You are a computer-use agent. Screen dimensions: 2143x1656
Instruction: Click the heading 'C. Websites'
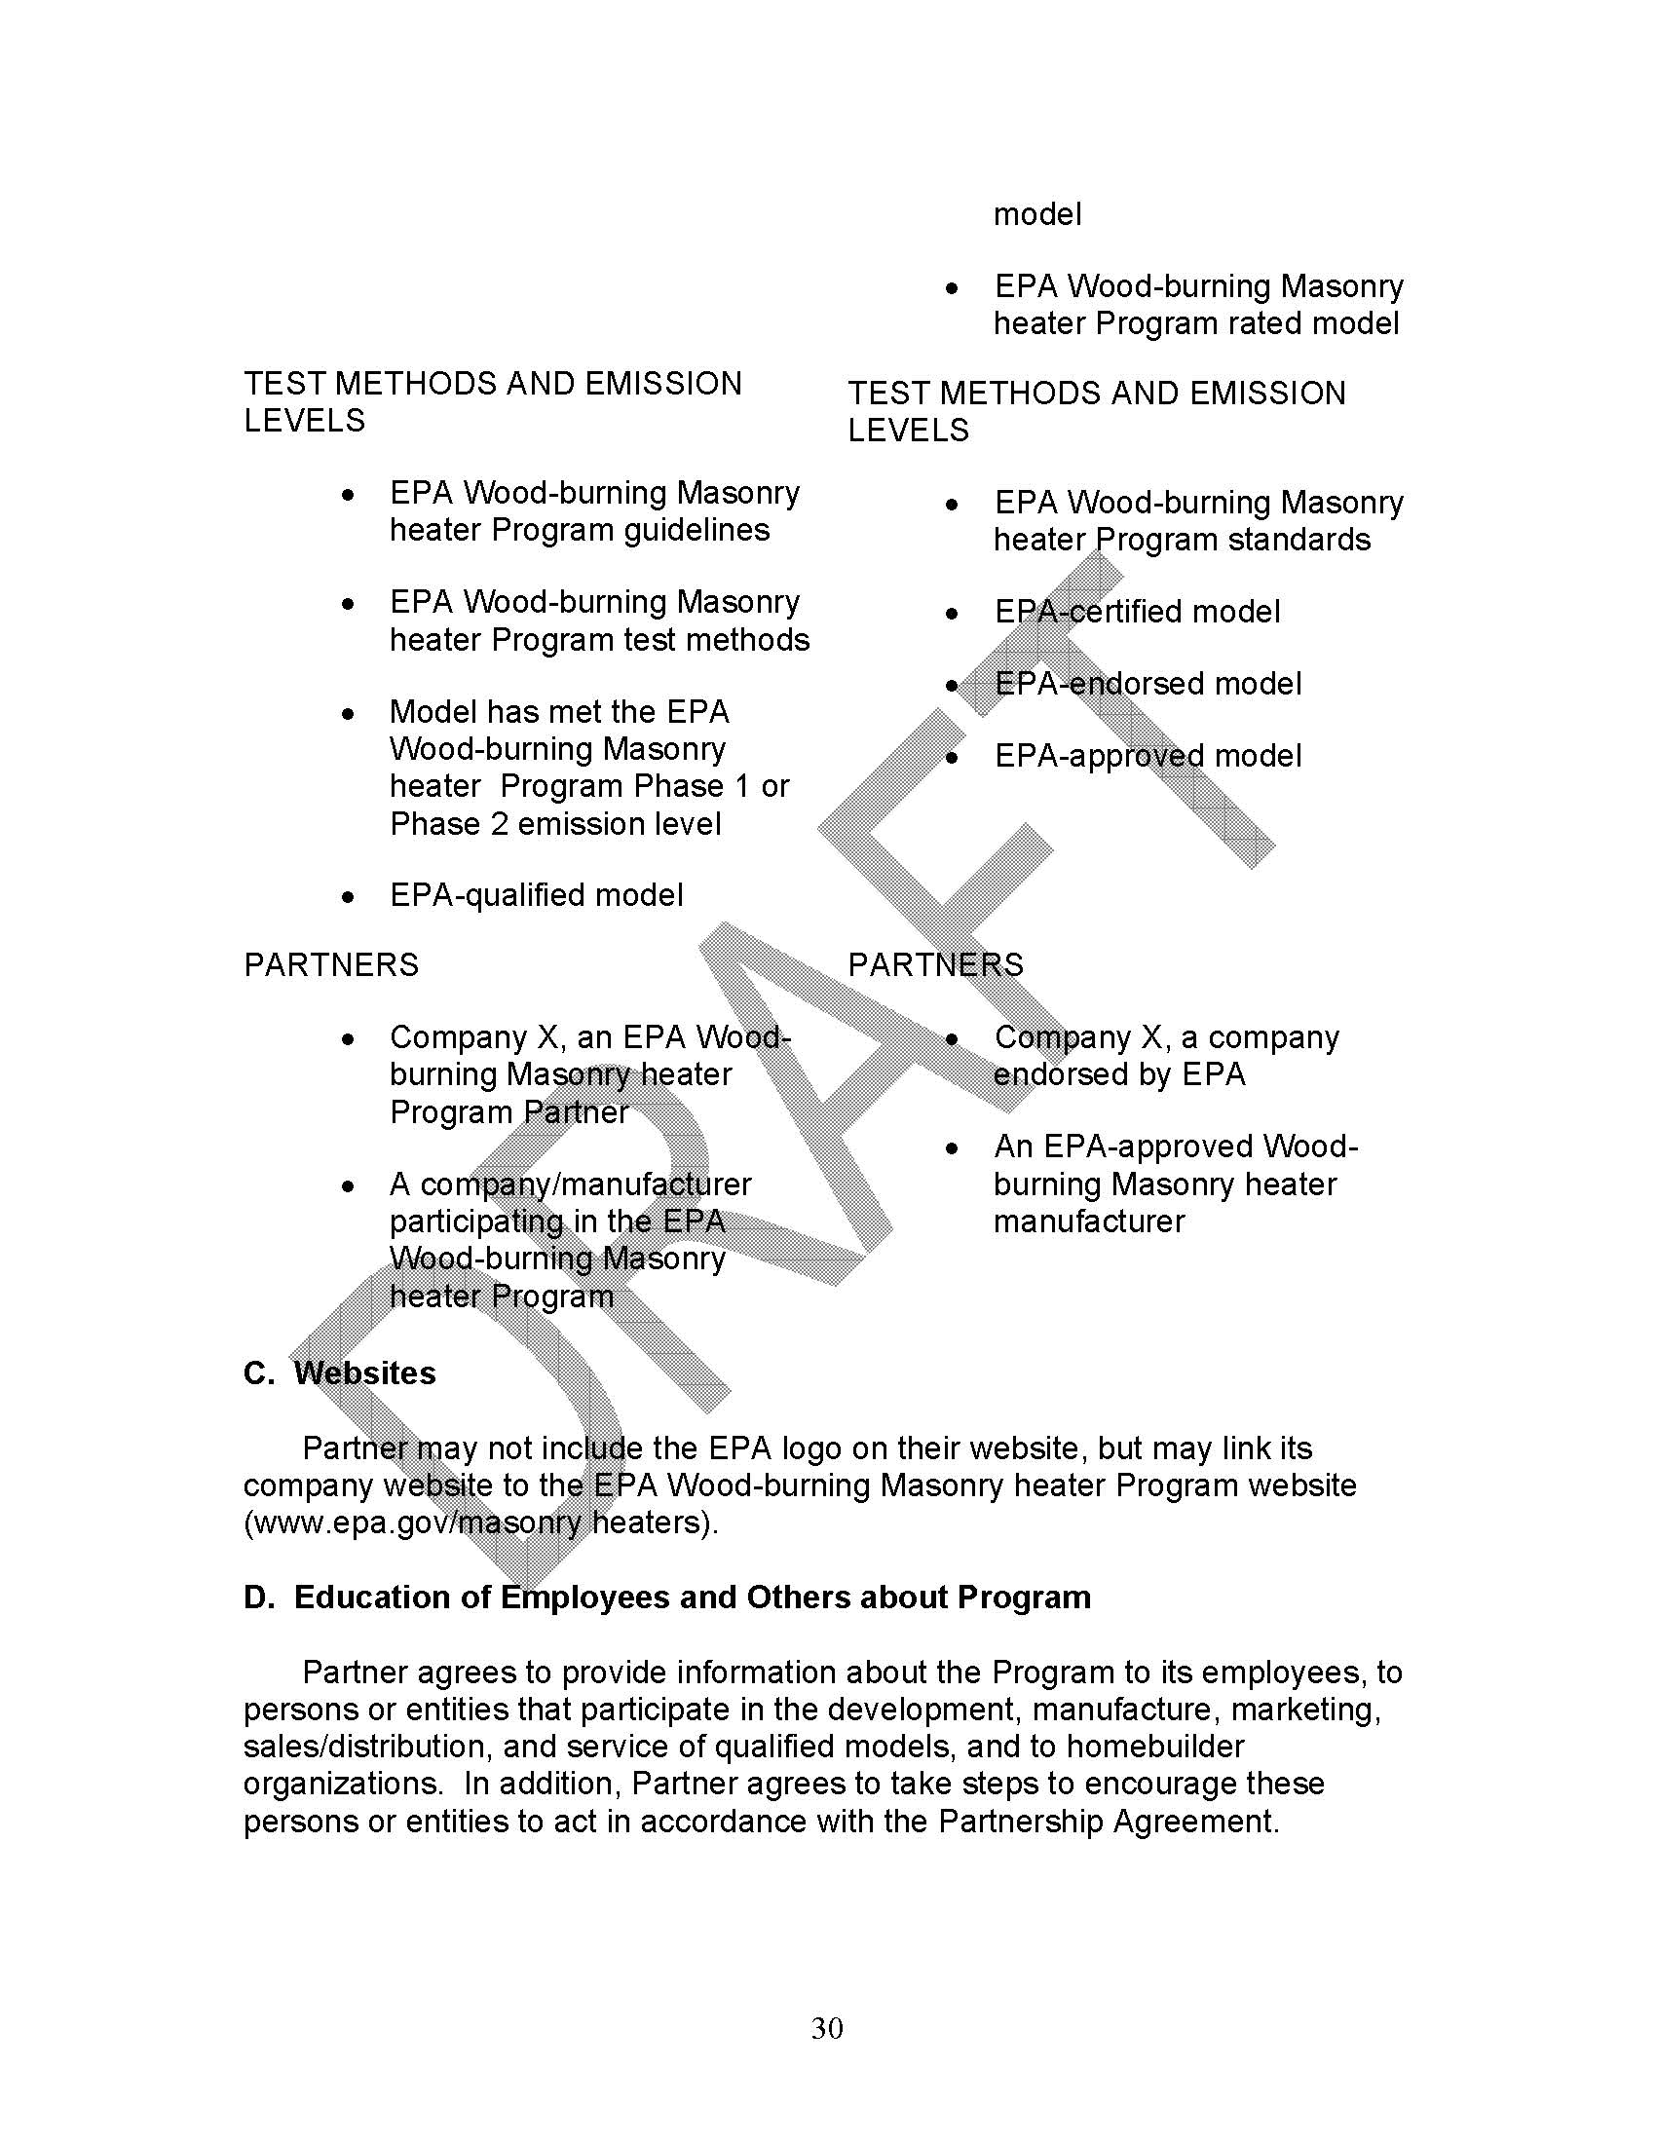click(x=339, y=1372)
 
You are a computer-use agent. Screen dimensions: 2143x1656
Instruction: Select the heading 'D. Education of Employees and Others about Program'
click(x=667, y=1598)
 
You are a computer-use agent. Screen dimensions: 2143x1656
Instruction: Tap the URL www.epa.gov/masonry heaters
click(x=479, y=1523)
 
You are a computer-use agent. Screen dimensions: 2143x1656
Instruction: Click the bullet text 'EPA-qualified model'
click(x=536, y=895)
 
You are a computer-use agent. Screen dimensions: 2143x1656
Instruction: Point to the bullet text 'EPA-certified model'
click(x=1137, y=612)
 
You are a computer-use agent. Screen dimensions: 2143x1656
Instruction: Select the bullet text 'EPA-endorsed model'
click(x=1148, y=683)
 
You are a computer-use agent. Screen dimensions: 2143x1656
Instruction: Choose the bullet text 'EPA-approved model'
click(x=1148, y=756)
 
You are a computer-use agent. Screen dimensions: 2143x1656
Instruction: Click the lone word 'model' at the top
click(x=1037, y=214)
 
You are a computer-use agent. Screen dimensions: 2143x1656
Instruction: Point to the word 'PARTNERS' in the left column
click(x=330, y=965)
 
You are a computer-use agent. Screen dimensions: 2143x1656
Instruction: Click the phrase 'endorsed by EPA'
click(x=1119, y=1074)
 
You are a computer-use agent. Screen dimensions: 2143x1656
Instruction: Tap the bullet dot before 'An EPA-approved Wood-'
click(x=951, y=1148)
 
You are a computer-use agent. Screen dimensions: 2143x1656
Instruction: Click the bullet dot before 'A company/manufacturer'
click(x=347, y=1186)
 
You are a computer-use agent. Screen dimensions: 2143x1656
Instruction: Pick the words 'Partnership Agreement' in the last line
click(x=1108, y=1822)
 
